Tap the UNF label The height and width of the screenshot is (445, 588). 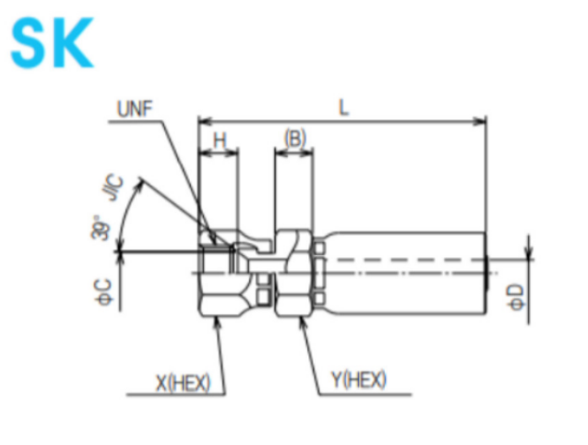(134, 109)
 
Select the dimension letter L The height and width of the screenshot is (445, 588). (343, 107)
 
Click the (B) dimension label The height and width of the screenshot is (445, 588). (295, 139)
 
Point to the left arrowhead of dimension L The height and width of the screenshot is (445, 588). (203, 120)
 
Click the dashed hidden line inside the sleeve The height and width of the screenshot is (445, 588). (406, 260)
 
